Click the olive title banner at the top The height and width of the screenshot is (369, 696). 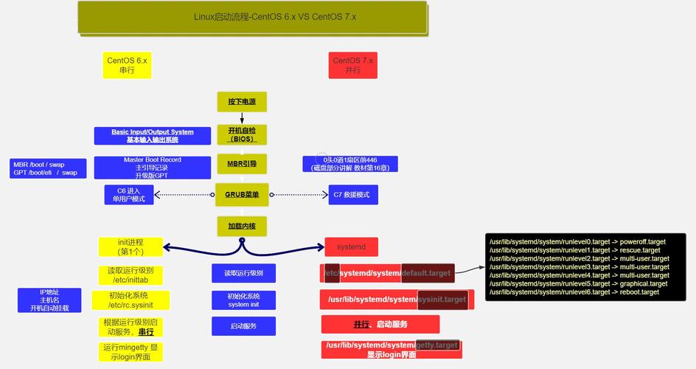point(252,17)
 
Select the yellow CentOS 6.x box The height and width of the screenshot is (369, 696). point(127,66)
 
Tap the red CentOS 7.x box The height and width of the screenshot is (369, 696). point(352,66)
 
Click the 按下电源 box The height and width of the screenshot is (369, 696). point(241,102)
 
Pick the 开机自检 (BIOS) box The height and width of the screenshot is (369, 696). point(241,134)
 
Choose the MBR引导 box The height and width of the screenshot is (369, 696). point(241,163)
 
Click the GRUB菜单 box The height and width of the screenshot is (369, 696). point(241,195)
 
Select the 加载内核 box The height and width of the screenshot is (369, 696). point(241,226)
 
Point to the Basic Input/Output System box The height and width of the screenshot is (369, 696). point(153,136)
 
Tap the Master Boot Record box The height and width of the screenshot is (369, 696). point(153,168)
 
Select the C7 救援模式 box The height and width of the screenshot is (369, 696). point(353,195)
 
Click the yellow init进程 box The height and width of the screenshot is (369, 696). point(130,246)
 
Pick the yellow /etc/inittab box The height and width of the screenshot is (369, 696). point(130,275)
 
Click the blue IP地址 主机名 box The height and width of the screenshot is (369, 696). point(50,300)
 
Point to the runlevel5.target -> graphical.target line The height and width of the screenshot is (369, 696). point(578,283)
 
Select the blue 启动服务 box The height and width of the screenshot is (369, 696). point(243,325)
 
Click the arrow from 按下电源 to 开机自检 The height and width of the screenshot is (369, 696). point(241,118)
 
